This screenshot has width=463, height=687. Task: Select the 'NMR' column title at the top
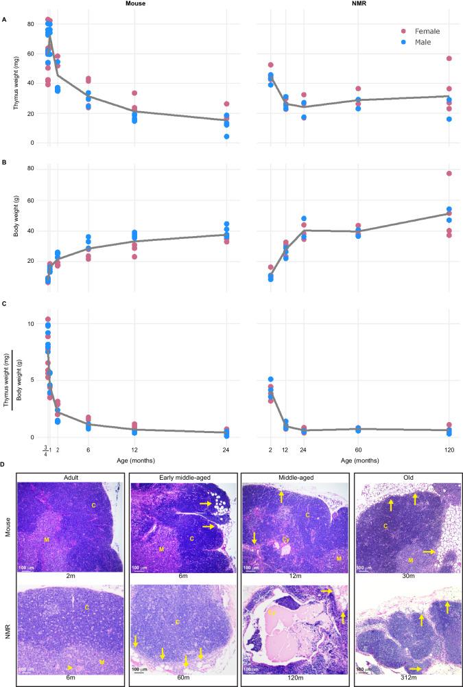point(352,4)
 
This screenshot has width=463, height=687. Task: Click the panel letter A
point(4,19)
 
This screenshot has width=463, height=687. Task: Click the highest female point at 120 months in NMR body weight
point(449,174)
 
